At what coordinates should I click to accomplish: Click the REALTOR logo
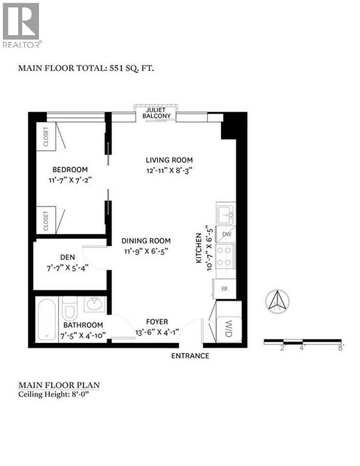pyautogui.click(x=21, y=25)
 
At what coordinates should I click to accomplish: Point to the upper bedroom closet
pyautogui.click(x=46, y=137)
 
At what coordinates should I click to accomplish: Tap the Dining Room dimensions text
pyautogui.click(x=146, y=251)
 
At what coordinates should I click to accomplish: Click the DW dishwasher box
pyautogui.click(x=226, y=234)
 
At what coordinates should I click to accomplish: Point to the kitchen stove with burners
pyautogui.click(x=226, y=256)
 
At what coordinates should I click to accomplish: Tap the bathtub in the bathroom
pyautogui.click(x=46, y=319)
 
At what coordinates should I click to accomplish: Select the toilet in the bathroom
pyautogui.click(x=69, y=309)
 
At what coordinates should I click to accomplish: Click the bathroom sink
pyautogui.click(x=94, y=304)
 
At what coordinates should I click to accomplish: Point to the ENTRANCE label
pyautogui.click(x=191, y=356)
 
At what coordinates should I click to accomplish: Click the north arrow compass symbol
pyautogui.click(x=277, y=300)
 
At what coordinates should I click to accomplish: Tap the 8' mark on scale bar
pyautogui.click(x=340, y=348)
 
